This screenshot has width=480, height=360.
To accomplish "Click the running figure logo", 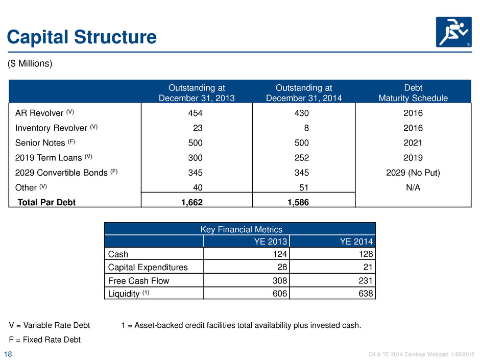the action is tap(453, 32).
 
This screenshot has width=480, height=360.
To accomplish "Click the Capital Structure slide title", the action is tap(82, 37).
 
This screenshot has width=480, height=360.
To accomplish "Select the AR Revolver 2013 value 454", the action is tap(195, 113).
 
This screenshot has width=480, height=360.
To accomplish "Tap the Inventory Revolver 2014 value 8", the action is tap(306, 128).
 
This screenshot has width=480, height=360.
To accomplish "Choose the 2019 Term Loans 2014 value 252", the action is tap(301, 158).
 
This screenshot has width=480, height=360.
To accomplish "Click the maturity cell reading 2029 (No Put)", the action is tap(413, 173).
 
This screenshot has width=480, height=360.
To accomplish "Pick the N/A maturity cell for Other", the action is tap(413, 187).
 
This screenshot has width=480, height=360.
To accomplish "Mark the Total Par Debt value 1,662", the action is tap(192, 202).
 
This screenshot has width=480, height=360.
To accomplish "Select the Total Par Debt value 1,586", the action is tap(298, 202).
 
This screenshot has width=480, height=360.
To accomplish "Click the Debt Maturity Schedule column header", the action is tap(413, 93).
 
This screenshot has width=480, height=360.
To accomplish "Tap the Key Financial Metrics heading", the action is tap(241, 229).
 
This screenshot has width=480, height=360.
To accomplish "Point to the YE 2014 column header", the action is tap(356, 242).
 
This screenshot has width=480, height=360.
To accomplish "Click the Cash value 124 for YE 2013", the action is tap(280, 254).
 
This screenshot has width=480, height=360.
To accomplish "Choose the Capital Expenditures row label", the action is tap(148, 267).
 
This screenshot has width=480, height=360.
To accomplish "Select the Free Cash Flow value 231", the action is tap(366, 280).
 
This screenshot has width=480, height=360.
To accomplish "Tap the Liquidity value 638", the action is tap(366, 294).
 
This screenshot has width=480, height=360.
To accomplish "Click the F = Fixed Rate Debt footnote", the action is tap(45, 340).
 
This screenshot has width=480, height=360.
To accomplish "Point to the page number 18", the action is tap(8, 354).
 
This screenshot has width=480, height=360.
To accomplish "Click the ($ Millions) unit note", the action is tap(30, 63).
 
